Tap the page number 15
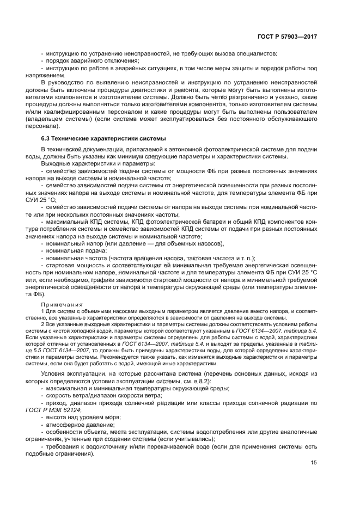pos(314,463)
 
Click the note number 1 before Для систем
pos(42,311)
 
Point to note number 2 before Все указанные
pos(42,324)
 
